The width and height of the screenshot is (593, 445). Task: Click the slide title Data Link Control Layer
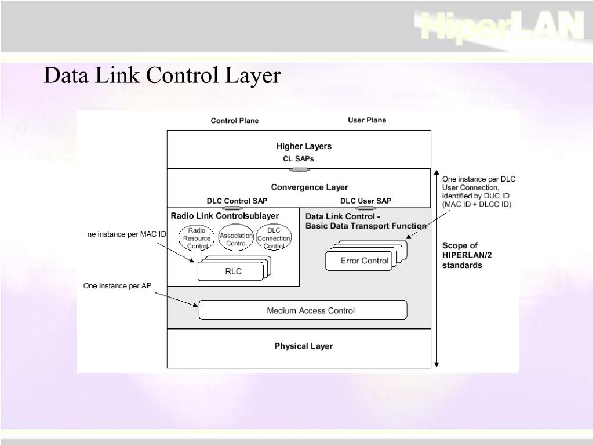(162, 76)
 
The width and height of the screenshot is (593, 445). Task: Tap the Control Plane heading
(234, 121)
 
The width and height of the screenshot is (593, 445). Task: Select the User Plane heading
(366, 120)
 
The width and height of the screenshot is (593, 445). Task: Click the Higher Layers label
(303, 146)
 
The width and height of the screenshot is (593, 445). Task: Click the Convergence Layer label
(310, 187)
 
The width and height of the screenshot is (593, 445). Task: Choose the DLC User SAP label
(365, 201)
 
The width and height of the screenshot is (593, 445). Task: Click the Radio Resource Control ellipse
(197, 238)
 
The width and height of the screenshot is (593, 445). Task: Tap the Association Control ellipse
(237, 239)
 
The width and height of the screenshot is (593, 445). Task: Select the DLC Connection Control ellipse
(274, 238)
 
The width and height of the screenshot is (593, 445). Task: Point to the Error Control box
(364, 261)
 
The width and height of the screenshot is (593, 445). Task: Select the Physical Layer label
(303, 346)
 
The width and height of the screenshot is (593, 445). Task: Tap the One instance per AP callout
(117, 285)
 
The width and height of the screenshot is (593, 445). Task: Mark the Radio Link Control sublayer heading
(224, 216)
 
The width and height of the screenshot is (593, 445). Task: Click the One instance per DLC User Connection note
(478, 191)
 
